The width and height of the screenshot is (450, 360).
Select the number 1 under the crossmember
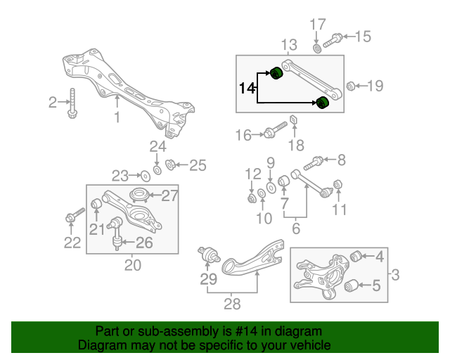pos(117,118)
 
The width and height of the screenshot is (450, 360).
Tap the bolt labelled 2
pos(73,104)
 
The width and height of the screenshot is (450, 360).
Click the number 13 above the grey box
pos(290,46)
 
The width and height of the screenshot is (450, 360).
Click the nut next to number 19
pos(349,86)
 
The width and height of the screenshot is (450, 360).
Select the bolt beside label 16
pos(275,131)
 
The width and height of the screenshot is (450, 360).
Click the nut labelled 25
pos(169,166)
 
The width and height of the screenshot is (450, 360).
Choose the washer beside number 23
pos(144,175)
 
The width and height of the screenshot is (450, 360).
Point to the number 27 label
pos(170,196)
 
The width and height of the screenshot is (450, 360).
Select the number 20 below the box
pos(132,265)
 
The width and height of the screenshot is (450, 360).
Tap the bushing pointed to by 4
pos(356,255)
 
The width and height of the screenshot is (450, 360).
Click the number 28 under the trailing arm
pos(231,304)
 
